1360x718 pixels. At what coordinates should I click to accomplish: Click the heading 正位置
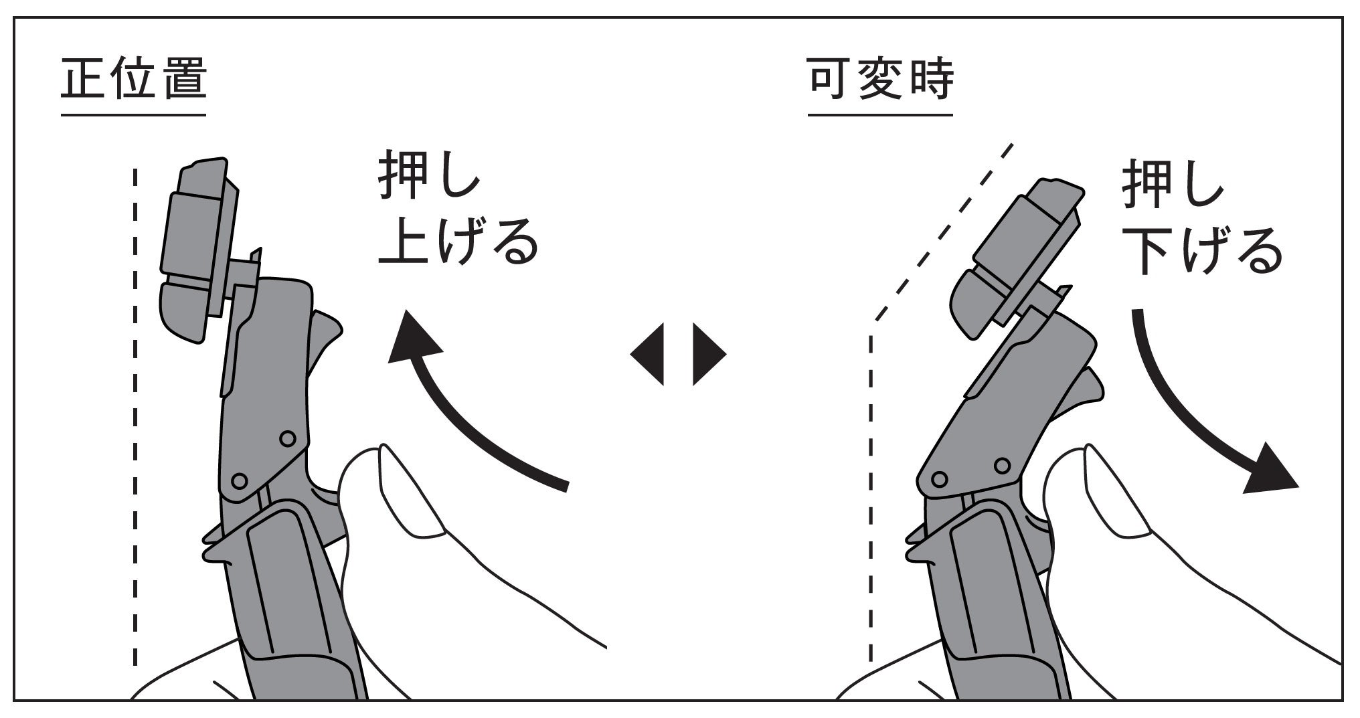(133, 79)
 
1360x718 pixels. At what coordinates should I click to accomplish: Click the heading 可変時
(880, 79)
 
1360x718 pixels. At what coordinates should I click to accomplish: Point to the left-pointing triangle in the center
(648, 354)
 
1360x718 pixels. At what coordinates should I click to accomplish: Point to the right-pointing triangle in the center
(708, 354)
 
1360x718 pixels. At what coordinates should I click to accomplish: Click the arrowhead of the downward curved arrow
(1270, 472)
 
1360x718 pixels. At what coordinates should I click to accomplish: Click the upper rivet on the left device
(288, 438)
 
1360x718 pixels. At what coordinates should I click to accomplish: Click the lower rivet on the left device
(239, 480)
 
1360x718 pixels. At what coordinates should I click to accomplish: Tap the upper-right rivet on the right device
(1002, 464)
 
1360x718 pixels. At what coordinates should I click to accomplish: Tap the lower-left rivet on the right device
(940, 479)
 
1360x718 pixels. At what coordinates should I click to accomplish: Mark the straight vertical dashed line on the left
(135, 415)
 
